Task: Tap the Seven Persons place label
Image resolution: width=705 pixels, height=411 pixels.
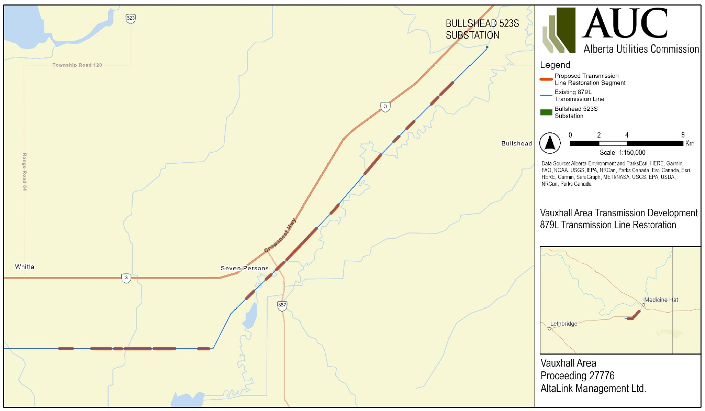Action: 245,268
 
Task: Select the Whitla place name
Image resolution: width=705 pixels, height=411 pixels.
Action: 25,267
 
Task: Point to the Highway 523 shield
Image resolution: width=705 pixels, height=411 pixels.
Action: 131,18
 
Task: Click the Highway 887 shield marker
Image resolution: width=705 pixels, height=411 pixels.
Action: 282,305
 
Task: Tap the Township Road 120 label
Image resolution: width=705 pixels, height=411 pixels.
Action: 77,65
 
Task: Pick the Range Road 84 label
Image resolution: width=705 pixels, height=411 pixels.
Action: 24,172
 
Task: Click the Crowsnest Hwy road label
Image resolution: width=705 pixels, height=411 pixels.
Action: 280,235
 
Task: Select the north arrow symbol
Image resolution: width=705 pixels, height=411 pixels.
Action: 550,144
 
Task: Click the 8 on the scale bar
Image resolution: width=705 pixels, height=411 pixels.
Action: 683,135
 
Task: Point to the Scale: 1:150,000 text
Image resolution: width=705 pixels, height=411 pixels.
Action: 622,152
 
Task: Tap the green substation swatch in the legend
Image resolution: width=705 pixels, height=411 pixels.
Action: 546,112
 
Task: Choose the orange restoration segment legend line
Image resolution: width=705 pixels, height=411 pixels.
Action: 546,79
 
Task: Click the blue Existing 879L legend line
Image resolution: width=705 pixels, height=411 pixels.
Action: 546,95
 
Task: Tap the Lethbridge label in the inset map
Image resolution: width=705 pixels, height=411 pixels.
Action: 564,324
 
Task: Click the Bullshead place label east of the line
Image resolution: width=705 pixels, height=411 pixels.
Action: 516,144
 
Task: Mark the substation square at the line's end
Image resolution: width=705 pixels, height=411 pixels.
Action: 487,47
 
